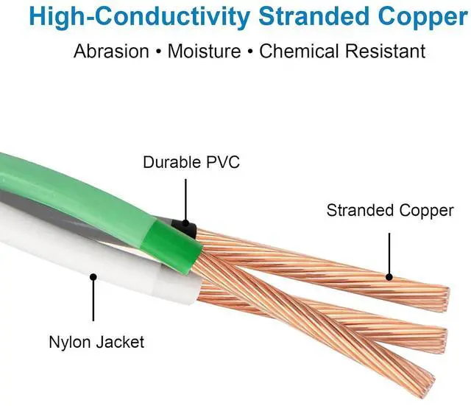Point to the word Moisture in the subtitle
(204, 51)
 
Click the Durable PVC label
(191, 162)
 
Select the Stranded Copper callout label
(390, 211)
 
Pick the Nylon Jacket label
(96, 342)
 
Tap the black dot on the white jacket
(93, 278)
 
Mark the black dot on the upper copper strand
(390, 278)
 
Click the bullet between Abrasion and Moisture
(158, 52)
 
